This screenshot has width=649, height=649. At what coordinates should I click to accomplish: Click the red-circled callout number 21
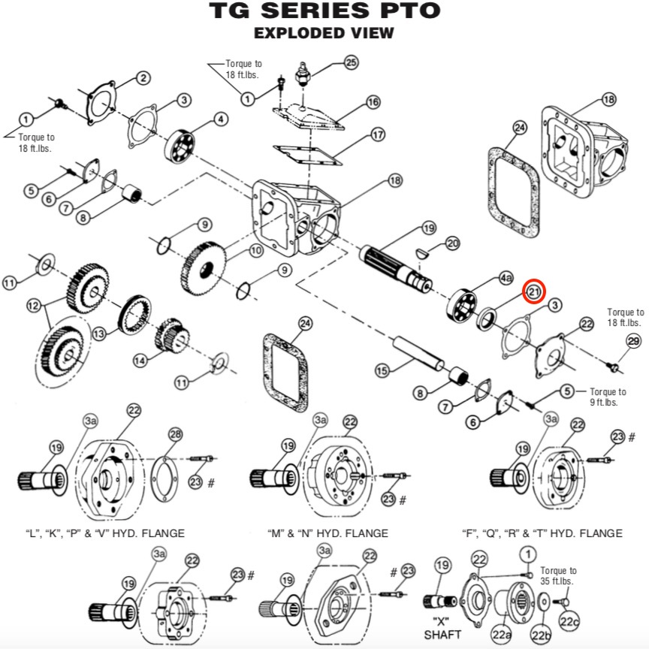tap(534, 291)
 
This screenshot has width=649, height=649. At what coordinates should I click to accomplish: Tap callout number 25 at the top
tap(351, 63)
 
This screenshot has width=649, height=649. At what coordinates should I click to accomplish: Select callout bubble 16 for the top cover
tap(373, 102)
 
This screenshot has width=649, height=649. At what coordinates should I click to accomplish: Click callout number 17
tap(378, 135)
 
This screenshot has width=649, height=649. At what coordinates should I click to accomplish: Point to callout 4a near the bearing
tap(506, 278)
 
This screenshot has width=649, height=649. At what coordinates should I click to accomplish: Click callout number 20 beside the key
tap(452, 243)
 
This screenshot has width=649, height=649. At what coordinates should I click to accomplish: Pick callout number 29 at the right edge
tap(633, 341)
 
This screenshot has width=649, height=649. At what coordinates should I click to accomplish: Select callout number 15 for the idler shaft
tap(382, 370)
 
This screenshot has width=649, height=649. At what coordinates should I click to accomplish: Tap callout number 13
tap(99, 334)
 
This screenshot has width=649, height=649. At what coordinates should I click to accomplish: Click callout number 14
tap(140, 361)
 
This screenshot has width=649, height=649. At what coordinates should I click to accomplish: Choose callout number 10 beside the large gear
tap(256, 250)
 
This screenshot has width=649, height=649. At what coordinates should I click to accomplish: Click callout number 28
tap(176, 434)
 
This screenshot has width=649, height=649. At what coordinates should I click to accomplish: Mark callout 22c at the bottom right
tap(569, 622)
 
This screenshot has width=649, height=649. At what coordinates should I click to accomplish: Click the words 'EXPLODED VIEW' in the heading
tap(324, 33)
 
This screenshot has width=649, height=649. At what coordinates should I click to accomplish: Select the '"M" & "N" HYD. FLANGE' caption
tap(328, 533)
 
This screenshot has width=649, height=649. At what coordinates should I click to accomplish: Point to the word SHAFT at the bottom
tap(442, 634)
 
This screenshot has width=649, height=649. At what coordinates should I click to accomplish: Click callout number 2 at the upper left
tap(143, 78)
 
